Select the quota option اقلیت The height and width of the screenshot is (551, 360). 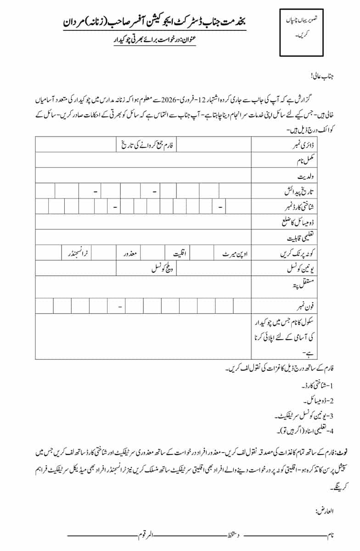tap(177, 253)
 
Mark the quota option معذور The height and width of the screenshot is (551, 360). tap(130, 253)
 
